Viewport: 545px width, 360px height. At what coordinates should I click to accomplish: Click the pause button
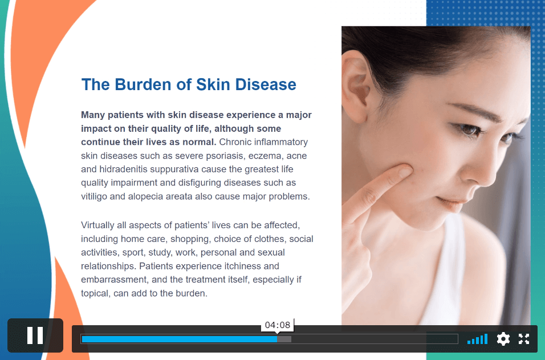[35, 335]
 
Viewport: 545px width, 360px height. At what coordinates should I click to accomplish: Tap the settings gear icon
[503, 339]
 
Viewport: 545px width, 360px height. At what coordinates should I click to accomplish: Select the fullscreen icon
[524, 339]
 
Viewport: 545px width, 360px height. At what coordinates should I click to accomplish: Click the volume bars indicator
[478, 339]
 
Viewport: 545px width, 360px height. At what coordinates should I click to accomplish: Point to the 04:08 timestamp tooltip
[278, 325]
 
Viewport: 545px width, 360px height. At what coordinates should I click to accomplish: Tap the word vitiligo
[94, 197]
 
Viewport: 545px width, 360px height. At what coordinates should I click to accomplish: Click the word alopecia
[145, 197]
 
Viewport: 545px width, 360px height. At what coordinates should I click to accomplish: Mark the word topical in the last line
[95, 294]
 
